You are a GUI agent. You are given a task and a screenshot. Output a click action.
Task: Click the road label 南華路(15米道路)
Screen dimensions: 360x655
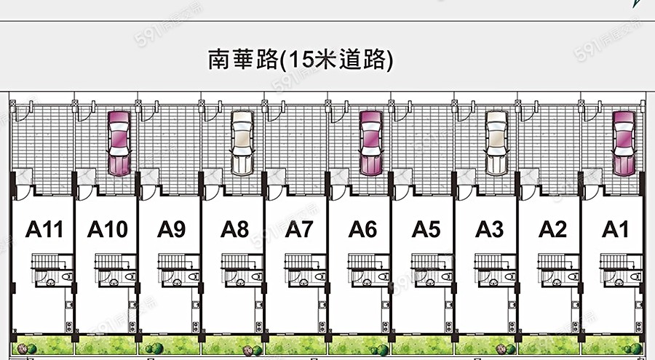(x=301, y=60)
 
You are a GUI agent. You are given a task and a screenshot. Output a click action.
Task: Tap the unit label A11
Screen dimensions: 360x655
(x=45, y=230)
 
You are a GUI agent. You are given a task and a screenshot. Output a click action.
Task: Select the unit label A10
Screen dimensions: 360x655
(x=108, y=230)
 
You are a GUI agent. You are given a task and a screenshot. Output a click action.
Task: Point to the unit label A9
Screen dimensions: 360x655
(x=171, y=230)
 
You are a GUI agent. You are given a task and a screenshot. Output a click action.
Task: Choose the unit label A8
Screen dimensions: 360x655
(x=235, y=230)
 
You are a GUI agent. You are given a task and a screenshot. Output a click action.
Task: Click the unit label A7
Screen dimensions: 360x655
(x=298, y=230)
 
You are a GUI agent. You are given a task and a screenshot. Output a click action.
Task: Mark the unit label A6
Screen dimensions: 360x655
(x=362, y=230)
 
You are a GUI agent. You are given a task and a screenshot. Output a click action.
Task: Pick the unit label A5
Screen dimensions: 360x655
(x=426, y=230)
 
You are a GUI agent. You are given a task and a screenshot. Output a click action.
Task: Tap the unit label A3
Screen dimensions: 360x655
(x=490, y=230)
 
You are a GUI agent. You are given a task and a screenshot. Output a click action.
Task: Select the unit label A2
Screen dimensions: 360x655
(x=552, y=230)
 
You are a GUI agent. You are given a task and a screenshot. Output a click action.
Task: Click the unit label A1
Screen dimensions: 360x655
(x=616, y=230)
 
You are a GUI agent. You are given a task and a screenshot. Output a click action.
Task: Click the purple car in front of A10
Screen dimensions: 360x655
(x=119, y=143)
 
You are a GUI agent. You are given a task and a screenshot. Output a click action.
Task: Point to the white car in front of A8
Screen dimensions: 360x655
(x=242, y=143)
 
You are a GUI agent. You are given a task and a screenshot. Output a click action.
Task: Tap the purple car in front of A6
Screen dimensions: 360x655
(x=370, y=143)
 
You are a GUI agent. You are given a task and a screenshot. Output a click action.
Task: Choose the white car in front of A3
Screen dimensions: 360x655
(x=496, y=143)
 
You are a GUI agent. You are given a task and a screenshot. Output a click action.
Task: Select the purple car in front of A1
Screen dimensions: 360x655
(x=624, y=143)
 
